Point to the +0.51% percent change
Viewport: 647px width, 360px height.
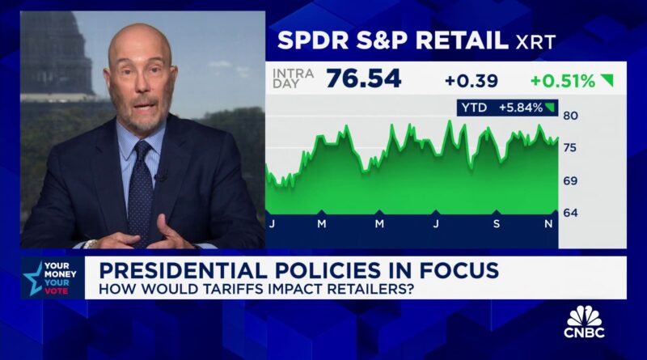pos(563,81)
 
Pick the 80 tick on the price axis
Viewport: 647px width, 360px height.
pos(569,115)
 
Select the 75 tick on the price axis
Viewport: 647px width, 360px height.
pos(569,147)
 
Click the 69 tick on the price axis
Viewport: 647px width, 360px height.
pos(569,180)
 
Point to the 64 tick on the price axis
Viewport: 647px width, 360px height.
pos(569,213)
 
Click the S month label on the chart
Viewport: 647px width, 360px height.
pos(495,223)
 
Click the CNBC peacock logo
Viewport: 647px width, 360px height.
pos(584,316)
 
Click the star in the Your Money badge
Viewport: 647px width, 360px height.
pos(33,277)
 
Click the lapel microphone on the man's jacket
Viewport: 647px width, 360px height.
pos(160,176)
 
